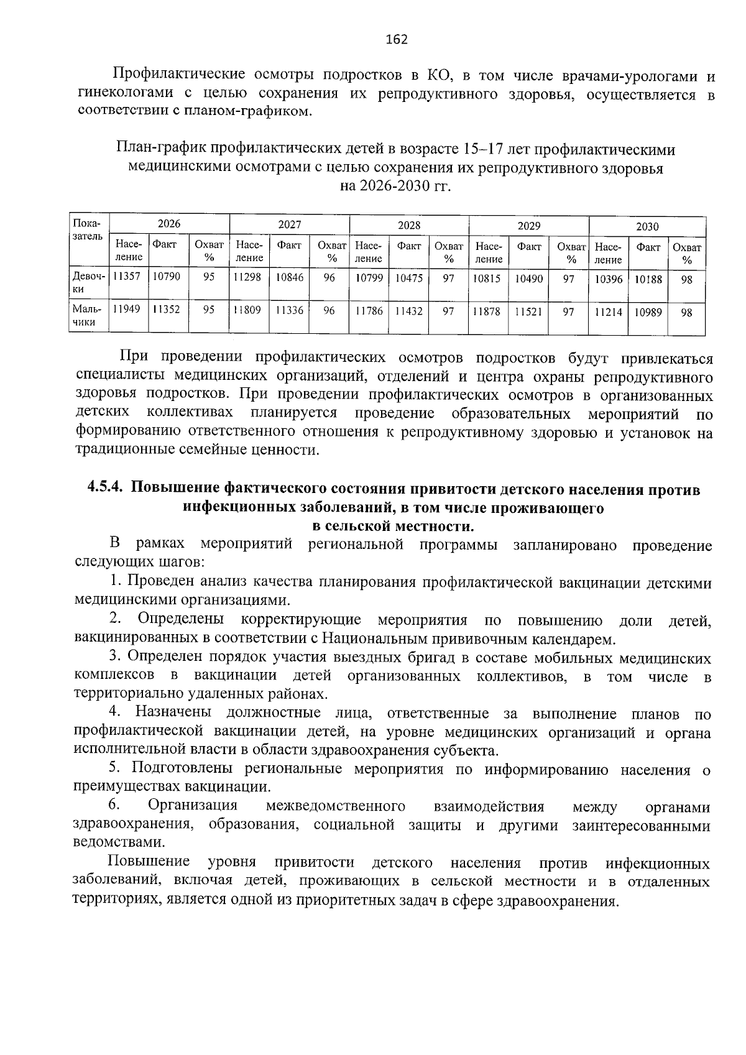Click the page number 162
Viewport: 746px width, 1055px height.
pos(396,40)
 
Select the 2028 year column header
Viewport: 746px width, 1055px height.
pos(408,225)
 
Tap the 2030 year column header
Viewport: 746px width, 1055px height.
pos(647,226)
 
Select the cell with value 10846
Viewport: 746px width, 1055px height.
pos(290,277)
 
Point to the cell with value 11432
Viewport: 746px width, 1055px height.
pos(409,311)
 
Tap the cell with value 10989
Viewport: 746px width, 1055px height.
pos(648,313)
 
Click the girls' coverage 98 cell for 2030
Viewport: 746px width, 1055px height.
pos(686,280)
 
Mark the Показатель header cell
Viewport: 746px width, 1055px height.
pos(88,230)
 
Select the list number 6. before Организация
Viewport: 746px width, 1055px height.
pos(114,805)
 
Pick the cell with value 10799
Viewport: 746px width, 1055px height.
pos(368,278)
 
